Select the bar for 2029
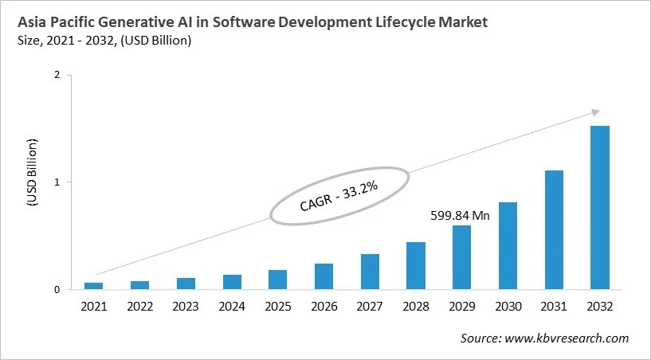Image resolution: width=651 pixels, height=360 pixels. [461, 256]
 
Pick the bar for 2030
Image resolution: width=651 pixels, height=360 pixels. [508, 245]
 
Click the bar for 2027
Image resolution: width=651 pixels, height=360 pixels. [370, 272]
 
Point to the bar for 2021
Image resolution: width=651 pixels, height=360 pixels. [94, 285]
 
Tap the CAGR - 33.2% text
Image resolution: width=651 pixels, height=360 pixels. [339, 195]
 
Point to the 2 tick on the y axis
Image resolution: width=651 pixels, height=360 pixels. [57, 75]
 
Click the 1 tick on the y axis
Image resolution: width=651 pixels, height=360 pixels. [57, 182]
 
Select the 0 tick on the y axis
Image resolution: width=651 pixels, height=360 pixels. [57, 289]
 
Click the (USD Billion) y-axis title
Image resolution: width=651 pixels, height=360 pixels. [33, 174]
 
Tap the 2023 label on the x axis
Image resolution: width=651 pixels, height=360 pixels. [186, 307]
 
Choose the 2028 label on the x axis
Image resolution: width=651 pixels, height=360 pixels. [415, 307]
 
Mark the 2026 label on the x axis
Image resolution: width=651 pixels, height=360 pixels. [324, 307]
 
